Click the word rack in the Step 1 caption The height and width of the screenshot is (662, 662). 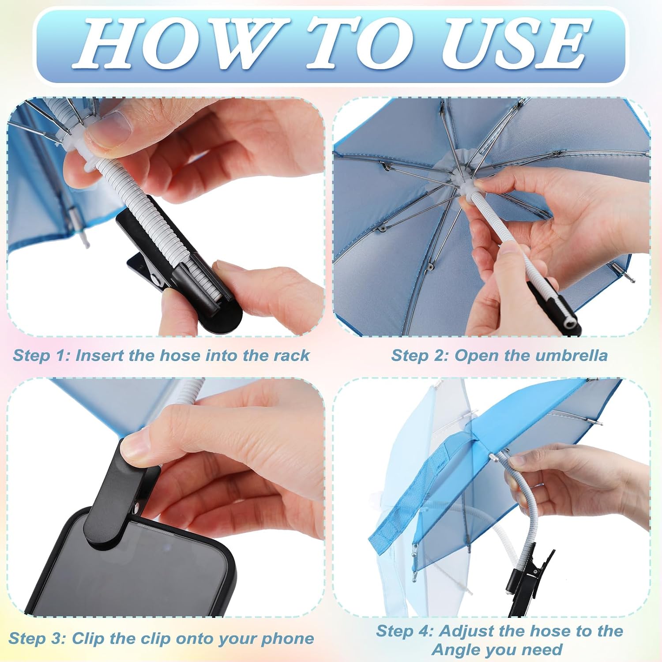[291, 355]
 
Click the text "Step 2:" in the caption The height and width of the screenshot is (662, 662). [420, 356]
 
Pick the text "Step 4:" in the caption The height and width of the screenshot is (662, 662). [405, 631]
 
